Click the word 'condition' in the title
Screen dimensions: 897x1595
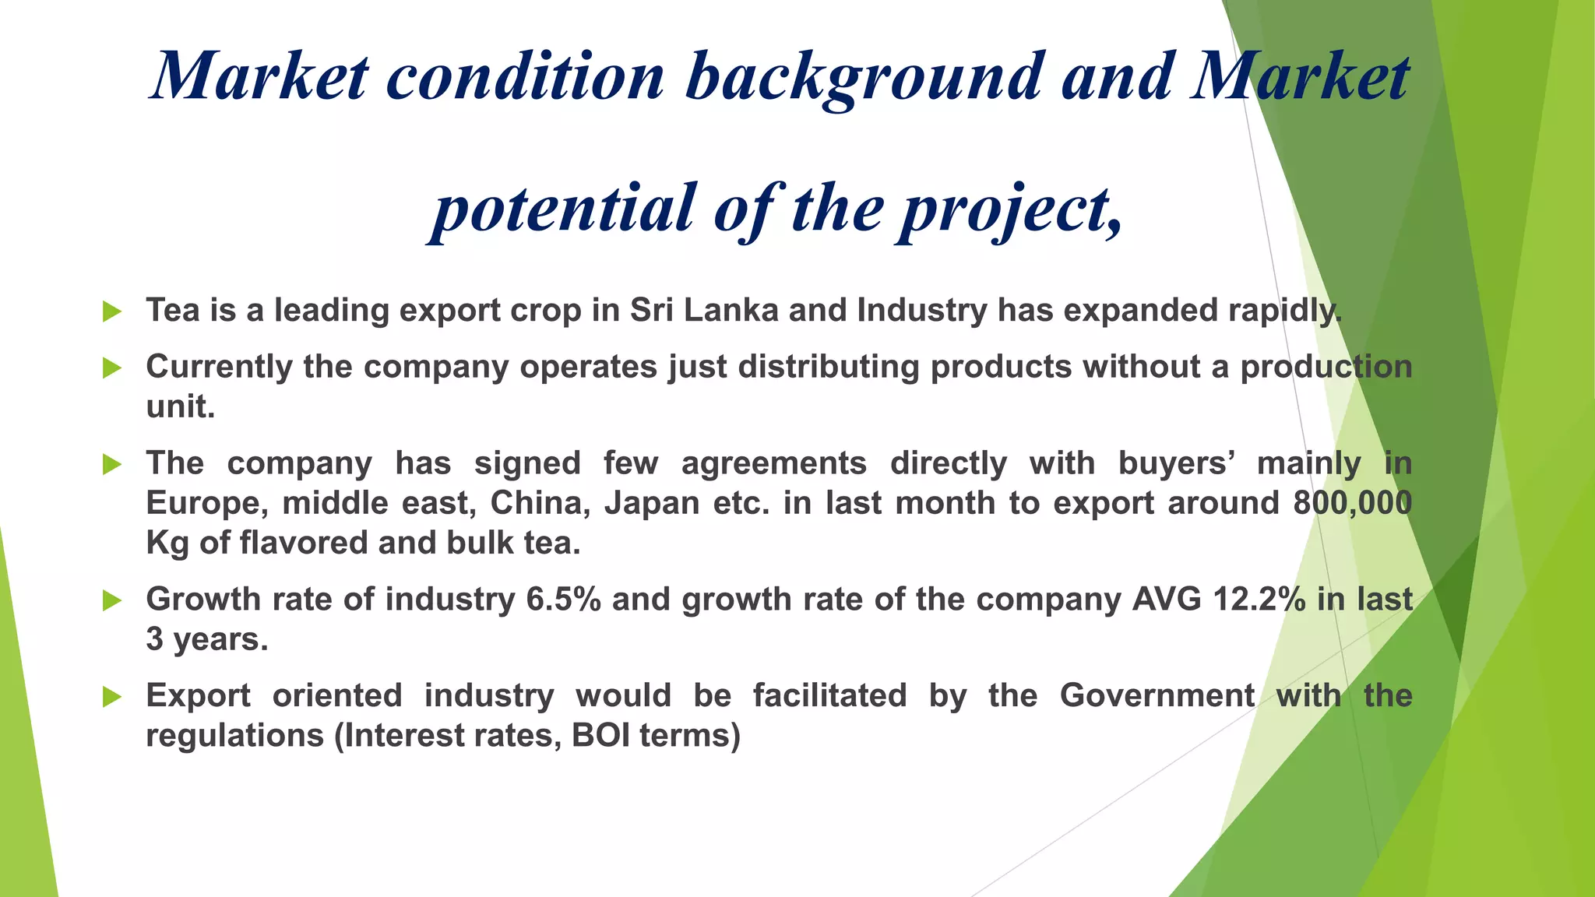tap(526, 76)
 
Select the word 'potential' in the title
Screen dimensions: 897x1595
tap(563, 208)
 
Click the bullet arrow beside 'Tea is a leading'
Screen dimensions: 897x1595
tap(112, 311)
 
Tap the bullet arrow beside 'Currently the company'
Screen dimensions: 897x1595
tap(112, 368)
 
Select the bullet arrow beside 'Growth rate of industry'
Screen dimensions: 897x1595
tap(112, 600)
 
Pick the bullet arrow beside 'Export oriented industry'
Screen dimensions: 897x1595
tap(112, 697)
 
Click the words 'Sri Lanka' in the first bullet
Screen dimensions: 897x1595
tap(704, 310)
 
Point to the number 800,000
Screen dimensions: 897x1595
tap(1352, 503)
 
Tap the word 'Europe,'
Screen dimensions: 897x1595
tap(207, 504)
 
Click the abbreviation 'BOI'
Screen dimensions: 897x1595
tap(600, 735)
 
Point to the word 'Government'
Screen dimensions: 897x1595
tap(1157, 695)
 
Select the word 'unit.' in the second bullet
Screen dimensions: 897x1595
tap(180, 406)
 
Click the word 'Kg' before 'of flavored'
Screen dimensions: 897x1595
tap(167, 543)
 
